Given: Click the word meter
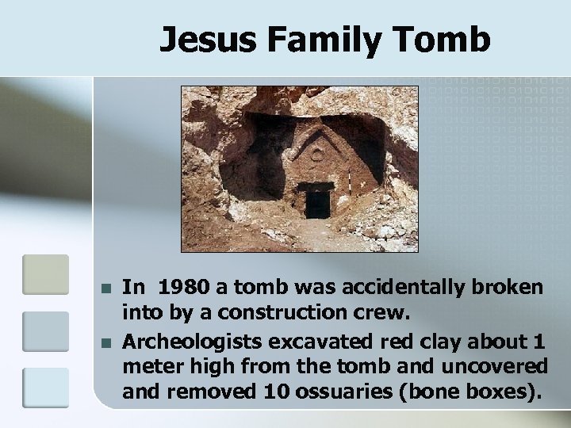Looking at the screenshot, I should click(150, 368).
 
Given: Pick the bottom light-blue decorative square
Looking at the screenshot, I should click(46, 387).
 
